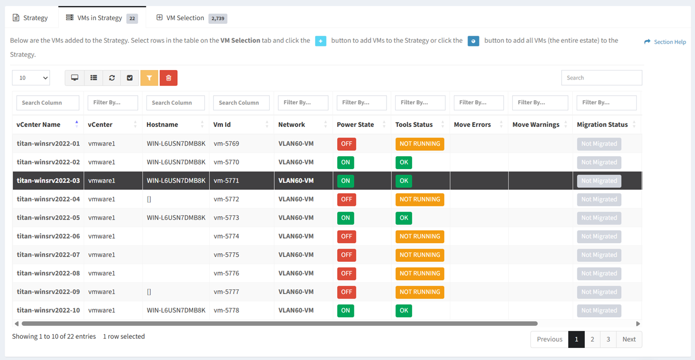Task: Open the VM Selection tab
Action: [191, 18]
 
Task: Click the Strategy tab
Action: [30, 18]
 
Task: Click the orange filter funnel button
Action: [149, 78]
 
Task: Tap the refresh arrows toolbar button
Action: [112, 78]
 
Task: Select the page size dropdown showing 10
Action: [31, 78]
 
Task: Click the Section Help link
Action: [665, 42]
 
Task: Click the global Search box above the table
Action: [601, 78]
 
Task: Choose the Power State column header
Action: [355, 124]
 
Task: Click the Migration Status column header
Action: [602, 124]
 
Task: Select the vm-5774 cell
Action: [226, 236]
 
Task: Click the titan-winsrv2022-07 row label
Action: [48, 255]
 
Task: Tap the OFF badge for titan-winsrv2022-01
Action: [347, 144]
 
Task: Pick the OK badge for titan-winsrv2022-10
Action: [404, 311]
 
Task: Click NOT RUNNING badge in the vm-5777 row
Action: [420, 292]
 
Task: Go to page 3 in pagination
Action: [608, 339]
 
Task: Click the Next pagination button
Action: [629, 339]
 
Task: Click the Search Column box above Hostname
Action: [175, 103]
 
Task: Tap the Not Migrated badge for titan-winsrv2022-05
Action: [599, 218]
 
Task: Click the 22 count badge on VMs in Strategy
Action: [132, 18]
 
